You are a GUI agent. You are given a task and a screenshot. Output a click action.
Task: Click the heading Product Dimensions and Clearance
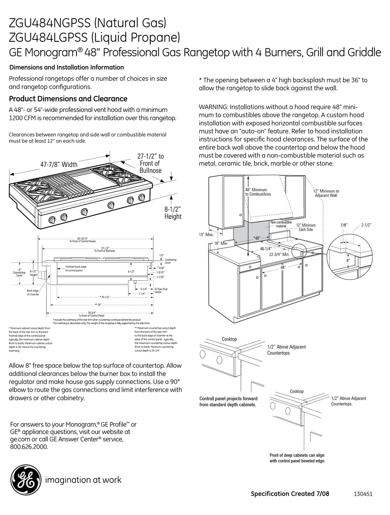68,99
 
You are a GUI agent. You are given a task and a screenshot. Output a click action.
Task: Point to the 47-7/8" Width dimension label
59,165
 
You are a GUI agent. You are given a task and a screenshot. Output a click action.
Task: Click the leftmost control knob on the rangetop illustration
52,220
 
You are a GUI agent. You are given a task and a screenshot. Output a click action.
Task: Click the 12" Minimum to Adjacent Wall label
326,193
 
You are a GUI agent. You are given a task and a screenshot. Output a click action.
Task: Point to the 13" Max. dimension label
206,235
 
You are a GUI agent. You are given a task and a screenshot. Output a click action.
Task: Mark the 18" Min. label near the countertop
220,243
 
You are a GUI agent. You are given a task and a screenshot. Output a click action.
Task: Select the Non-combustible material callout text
281,224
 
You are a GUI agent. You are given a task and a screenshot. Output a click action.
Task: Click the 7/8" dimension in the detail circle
344,225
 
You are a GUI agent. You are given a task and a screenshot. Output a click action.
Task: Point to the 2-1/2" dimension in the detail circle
366,225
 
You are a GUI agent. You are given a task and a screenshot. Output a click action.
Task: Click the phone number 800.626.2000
29,447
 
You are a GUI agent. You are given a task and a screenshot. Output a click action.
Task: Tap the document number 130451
362,494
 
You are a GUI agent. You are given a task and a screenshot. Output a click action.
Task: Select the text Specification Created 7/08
290,494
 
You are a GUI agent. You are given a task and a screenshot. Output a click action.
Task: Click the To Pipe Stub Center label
161,290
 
